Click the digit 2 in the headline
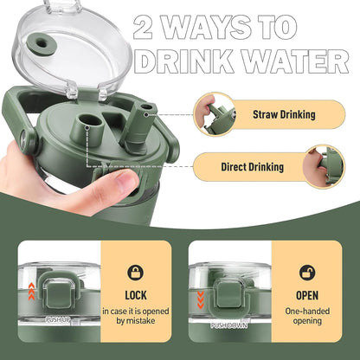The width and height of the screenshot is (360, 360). tap(143, 27)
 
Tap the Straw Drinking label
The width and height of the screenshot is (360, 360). tap(284, 114)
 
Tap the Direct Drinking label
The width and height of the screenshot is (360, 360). tap(253, 167)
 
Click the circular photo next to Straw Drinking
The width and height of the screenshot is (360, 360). tap(215, 114)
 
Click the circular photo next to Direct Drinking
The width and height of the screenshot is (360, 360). tap(324, 167)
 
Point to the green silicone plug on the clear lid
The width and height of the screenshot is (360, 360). tap(41, 45)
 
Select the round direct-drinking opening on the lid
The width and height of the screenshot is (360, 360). tap(91, 120)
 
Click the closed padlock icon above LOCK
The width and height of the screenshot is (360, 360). tap(136, 273)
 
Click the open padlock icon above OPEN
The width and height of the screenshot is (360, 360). tap(307, 273)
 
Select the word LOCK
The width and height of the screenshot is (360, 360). tap(136, 295)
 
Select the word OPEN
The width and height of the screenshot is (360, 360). tap(307, 295)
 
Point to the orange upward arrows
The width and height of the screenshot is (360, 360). tap(32, 292)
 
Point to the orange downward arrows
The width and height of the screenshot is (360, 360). tap(201, 300)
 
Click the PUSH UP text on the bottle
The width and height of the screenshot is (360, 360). tap(58, 319)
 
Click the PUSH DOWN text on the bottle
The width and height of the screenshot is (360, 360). tap(229, 325)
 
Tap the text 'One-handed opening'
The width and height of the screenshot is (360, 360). tap(307, 316)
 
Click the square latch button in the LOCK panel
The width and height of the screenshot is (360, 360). tap(59, 294)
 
